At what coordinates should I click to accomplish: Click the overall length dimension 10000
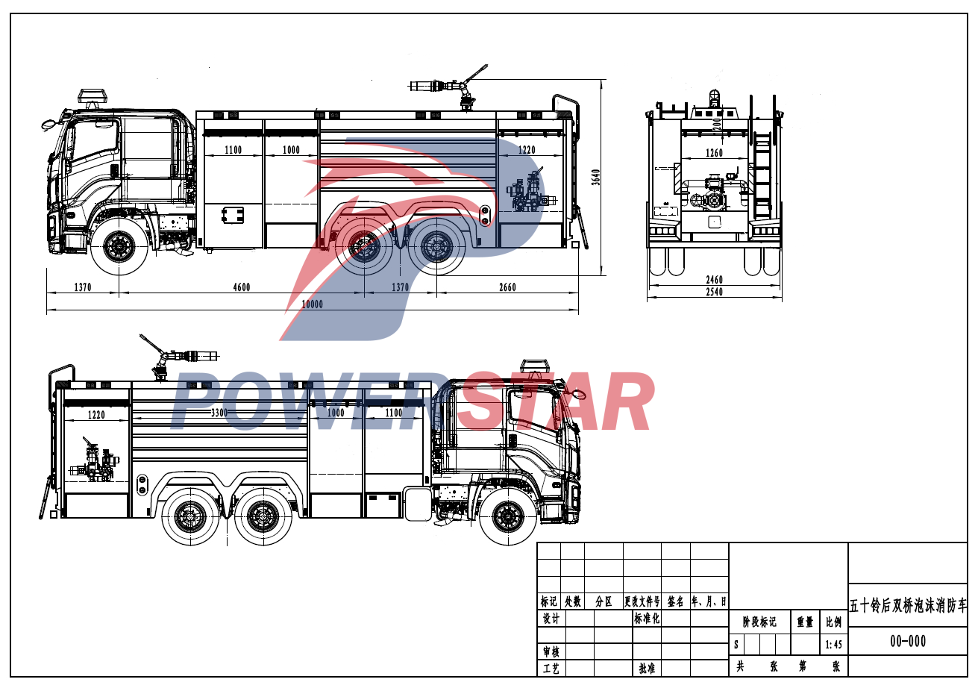[312, 304]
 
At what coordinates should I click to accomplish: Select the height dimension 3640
[596, 177]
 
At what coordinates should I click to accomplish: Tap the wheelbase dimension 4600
[241, 287]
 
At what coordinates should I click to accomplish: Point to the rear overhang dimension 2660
[507, 287]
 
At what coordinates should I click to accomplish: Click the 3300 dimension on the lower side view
[219, 413]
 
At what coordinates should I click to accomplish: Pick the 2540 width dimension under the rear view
[714, 293]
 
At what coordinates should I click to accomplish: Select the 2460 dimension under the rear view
[714, 280]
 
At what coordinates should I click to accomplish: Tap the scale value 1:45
[833, 644]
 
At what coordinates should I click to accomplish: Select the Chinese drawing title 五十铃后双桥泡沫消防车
[908, 605]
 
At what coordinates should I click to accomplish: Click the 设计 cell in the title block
[551, 619]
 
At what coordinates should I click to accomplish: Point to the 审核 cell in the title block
[551, 651]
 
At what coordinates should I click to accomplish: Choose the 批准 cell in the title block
[646, 668]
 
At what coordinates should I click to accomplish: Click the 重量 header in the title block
[805, 622]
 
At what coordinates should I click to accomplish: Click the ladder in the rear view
[762, 175]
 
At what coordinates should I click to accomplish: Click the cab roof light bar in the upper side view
[93, 96]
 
